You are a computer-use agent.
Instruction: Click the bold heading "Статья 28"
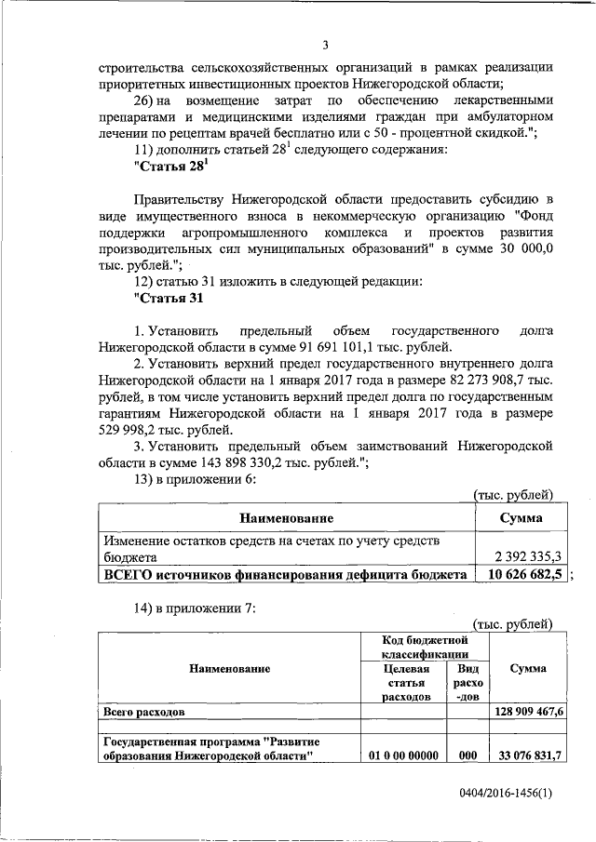170,166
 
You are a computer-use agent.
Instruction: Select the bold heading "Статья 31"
169,298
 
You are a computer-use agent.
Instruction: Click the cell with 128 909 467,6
527,711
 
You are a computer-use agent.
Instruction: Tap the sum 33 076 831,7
527,755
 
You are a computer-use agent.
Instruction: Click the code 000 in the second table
467,755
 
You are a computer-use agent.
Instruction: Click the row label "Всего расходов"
144,711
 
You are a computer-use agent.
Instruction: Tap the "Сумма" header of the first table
521,516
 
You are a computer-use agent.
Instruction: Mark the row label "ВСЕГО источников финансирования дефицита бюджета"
285,575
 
